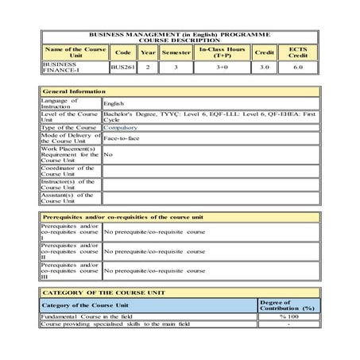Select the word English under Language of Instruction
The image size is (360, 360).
point(114,103)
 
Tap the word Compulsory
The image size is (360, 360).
point(123,126)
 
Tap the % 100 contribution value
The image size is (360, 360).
point(288,317)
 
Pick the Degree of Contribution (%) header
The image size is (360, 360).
point(288,304)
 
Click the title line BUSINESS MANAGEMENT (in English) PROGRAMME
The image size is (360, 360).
point(180,37)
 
